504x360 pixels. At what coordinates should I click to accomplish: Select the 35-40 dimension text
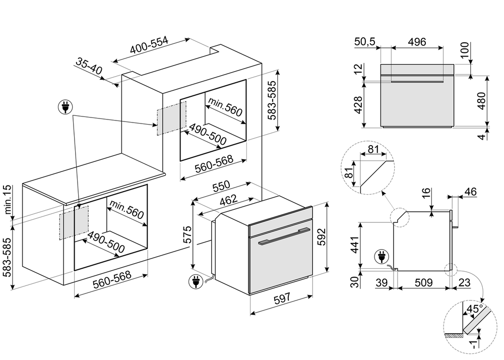90,67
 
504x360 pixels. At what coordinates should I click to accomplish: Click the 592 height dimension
323,237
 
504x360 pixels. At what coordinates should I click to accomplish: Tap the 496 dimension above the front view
417,42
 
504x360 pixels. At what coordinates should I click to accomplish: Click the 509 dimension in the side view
423,283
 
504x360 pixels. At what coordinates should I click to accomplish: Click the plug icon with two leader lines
66,107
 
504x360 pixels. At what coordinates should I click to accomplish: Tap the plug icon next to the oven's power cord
193,282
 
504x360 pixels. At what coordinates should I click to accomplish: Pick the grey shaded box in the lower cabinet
74,225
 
